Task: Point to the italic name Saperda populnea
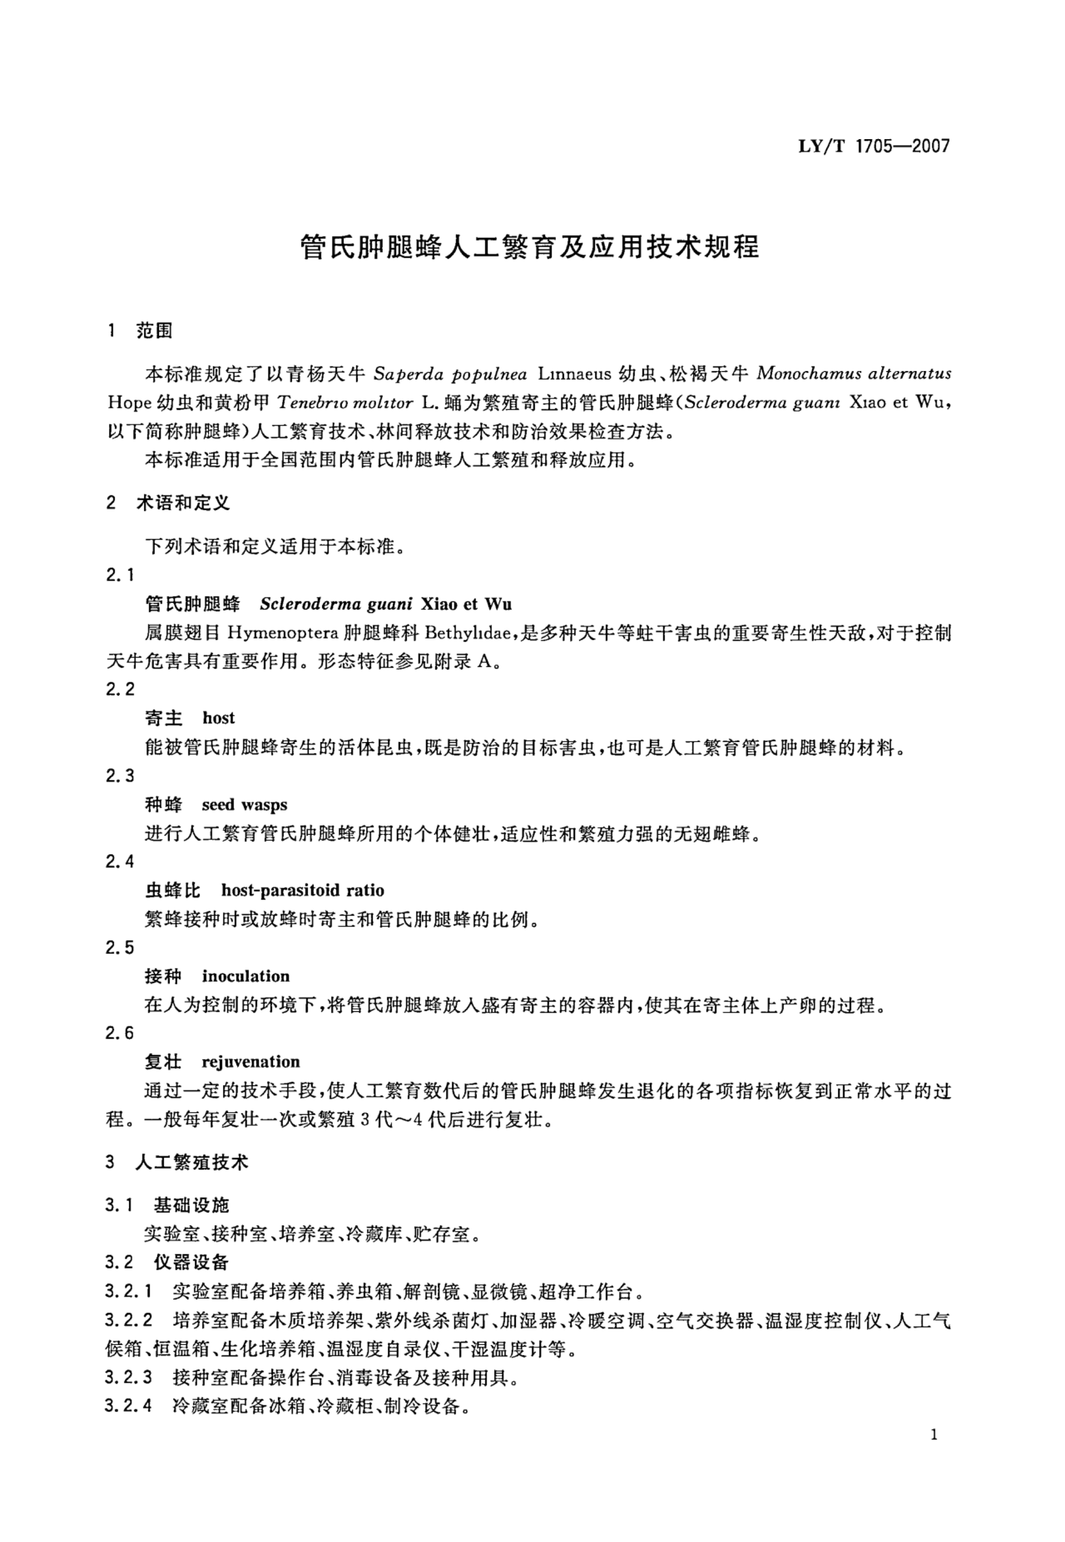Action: [450, 374]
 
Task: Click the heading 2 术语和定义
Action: [168, 503]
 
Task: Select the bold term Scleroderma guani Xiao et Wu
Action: [386, 604]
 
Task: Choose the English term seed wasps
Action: [244, 805]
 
